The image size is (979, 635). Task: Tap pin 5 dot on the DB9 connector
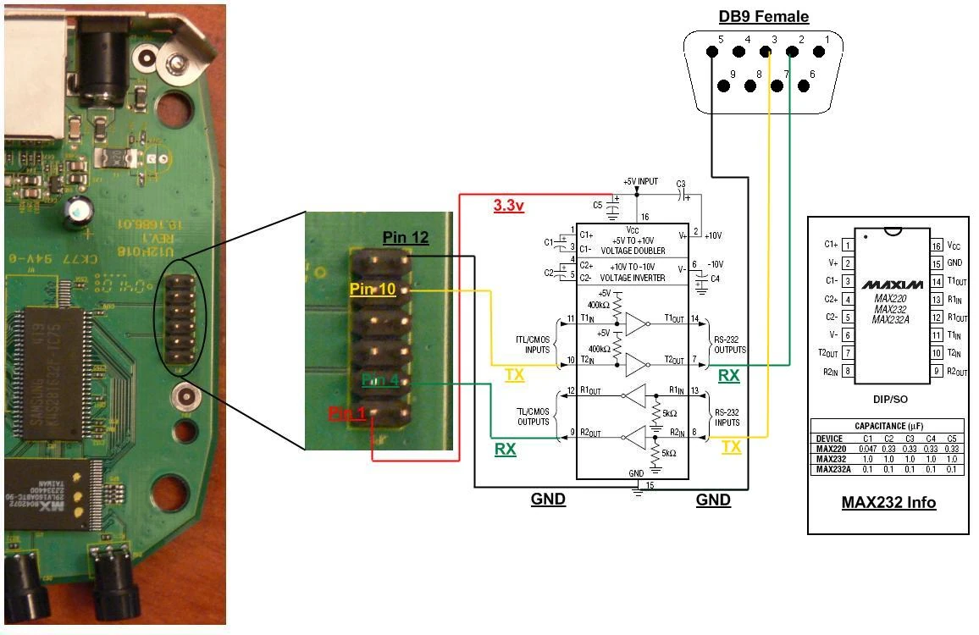coord(712,52)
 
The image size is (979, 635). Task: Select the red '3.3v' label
coord(508,205)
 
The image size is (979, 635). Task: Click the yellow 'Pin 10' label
coord(373,290)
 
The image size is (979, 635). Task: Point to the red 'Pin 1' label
coord(346,413)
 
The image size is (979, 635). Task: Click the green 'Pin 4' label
coord(380,380)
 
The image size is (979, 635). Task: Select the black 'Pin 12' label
coord(406,238)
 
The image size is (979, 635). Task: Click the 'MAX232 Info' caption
coord(888,502)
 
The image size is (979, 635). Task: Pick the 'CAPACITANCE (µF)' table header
coord(888,426)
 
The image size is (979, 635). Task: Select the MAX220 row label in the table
coord(830,448)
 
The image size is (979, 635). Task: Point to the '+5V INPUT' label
coord(640,182)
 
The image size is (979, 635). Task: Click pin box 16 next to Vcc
coord(936,246)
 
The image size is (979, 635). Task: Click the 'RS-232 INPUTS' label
coord(727,417)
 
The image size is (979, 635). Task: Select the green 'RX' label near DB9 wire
coord(728,375)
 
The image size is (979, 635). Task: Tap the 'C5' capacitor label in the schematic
coord(598,204)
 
